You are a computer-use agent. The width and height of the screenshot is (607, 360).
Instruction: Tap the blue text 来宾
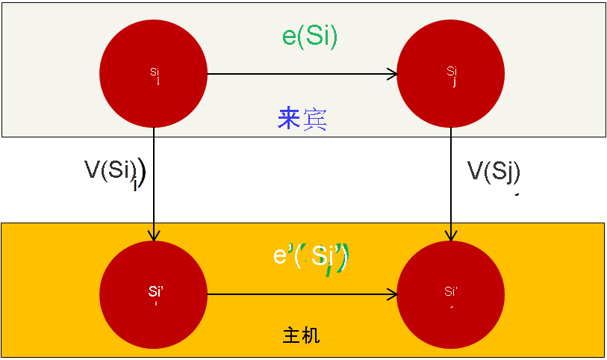click(302, 119)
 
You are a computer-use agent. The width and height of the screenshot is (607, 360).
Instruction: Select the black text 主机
click(302, 335)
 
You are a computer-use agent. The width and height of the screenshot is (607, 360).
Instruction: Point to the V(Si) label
click(114, 171)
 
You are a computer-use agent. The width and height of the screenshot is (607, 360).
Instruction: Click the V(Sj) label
click(494, 171)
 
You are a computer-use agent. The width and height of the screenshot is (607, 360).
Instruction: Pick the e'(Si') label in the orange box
click(311, 256)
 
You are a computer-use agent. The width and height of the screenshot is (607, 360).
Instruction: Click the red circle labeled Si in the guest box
click(153, 73)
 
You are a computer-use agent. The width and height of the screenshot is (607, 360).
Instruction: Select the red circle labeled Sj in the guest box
click(451, 73)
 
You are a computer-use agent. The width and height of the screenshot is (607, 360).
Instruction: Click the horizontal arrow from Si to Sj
click(299, 74)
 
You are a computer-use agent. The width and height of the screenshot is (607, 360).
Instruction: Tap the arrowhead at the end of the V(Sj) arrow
click(451, 235)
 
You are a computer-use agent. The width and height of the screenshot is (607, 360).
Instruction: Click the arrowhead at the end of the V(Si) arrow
click(153, 235)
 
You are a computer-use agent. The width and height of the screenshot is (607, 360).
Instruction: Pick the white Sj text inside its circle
click(452, 73)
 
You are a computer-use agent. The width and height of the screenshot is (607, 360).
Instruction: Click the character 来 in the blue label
click(289, 119)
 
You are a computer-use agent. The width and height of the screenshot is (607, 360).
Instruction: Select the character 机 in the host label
click(312, 335)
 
